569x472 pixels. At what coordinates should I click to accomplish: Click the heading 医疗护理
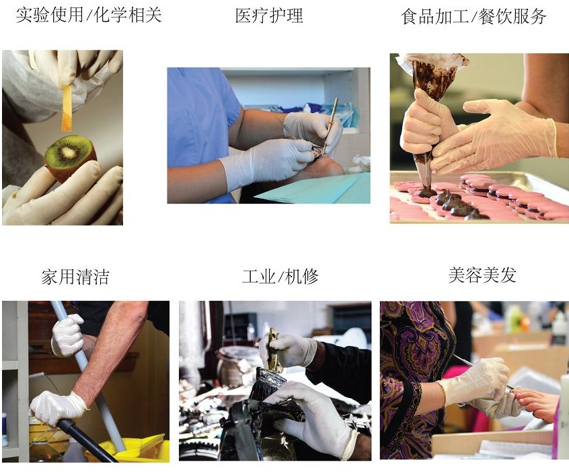269,15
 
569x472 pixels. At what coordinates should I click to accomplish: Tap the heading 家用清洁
75,277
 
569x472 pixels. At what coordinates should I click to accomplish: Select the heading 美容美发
482,275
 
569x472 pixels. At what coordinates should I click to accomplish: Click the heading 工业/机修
280,277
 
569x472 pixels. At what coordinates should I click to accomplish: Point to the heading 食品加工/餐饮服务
473,16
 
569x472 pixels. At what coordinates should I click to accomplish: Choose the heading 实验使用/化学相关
89,15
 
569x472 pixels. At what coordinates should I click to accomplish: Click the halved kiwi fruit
70,156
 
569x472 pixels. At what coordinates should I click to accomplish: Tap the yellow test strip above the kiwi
67,107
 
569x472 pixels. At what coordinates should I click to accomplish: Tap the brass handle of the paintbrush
273,349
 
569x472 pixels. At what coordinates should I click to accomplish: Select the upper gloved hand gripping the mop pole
68,335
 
